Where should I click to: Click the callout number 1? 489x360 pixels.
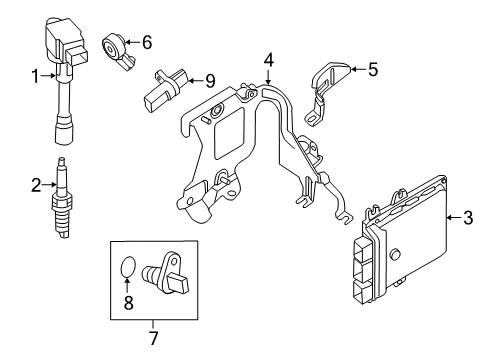tap(35, 76)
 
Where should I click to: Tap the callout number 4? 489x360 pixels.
tap(269, 62)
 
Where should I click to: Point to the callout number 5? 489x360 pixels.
tap(373, 70)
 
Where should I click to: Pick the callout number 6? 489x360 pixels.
tap(146, 42)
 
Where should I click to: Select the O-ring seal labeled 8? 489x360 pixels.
tap(127, 268)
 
